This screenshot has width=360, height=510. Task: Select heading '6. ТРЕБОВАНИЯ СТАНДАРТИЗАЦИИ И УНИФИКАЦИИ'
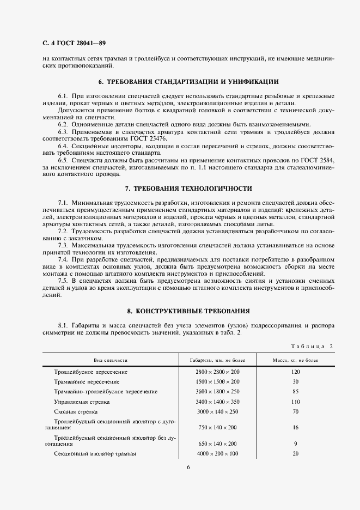click(x=188, y=82)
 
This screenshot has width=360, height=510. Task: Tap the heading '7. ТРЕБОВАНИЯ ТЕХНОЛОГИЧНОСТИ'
click(x=188, y=188)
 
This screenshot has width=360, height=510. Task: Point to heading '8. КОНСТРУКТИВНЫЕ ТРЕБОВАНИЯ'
click(x=188, y=311)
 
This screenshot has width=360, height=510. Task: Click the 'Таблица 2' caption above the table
click(x=315, y=346)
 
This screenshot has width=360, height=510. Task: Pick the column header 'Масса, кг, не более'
click(x=295, y=360)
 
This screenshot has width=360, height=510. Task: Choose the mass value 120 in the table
click(x=295, y=372)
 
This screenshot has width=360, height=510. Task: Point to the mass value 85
click(x=295, y=391)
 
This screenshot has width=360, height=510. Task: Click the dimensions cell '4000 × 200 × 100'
click(x=218, y=454)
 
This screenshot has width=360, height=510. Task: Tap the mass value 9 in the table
click(x=295, y=444)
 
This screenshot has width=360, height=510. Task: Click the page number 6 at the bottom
click(x=188, y=467)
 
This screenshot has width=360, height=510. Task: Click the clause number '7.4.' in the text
click(x=64, y=259)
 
